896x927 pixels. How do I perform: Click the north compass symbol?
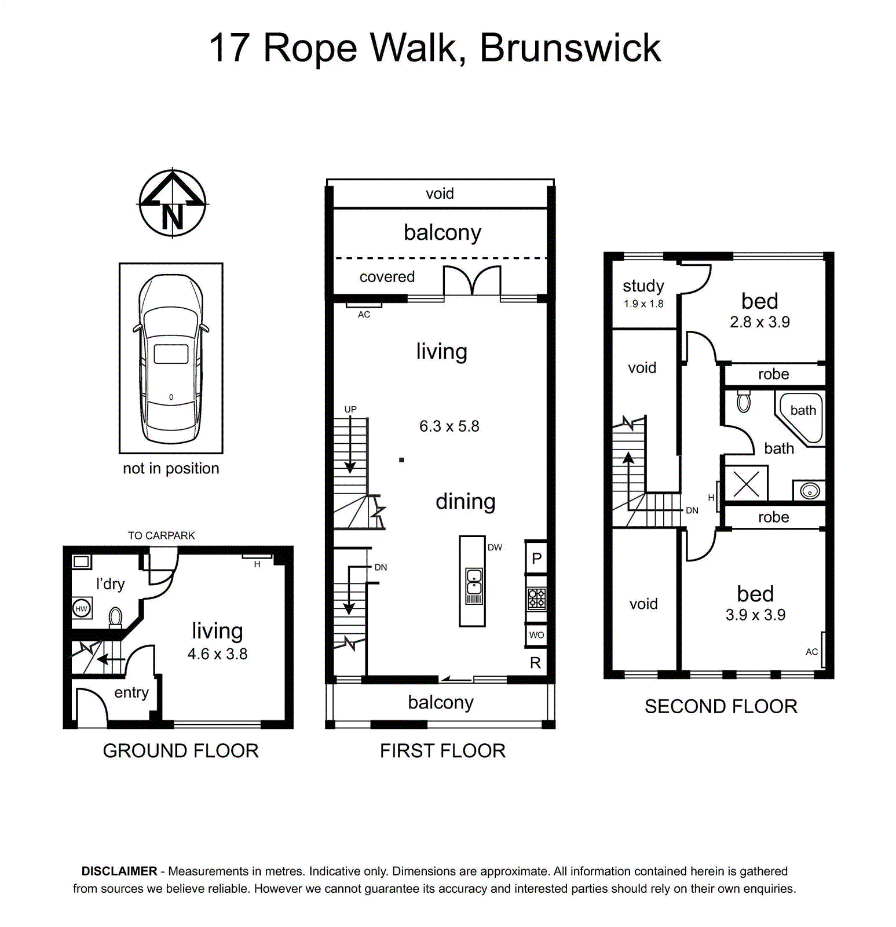(173, 203)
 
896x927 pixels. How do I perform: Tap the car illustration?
(171, 359)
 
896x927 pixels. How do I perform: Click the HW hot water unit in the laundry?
(82, 608)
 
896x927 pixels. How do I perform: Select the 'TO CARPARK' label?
(162, 535)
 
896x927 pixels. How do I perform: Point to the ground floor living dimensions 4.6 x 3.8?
(217, 654)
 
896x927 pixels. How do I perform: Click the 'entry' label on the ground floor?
(131, 692)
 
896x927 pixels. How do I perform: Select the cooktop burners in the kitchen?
(536, 599)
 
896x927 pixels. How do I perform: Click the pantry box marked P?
(536, 558)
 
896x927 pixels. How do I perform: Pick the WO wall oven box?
(536, 635)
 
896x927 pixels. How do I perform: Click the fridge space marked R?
(535, 663)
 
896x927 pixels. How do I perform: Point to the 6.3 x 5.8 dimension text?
(449, 426)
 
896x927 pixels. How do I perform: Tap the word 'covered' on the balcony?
(387, 277)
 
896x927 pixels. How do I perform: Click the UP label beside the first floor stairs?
(350, 409)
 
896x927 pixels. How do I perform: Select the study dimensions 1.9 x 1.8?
(643, 304)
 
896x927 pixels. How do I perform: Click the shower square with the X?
(746, 483)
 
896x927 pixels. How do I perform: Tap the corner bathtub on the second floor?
(800, 418)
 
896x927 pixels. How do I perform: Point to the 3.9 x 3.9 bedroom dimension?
(755, 615)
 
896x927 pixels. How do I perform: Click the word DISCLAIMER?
(119, 871)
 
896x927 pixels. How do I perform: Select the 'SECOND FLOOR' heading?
(721, 706)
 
